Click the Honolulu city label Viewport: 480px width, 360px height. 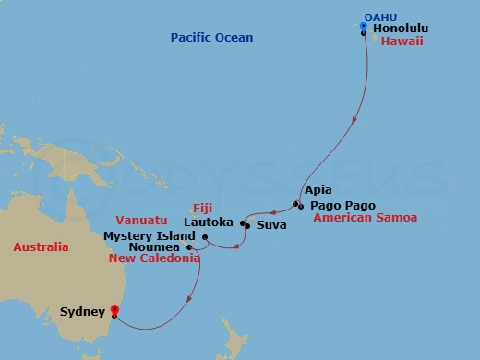coord(402,29)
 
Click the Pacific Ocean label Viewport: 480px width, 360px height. coord(211,37)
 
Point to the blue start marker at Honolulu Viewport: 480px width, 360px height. coord(364,26)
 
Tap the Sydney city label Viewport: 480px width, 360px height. coord(83,313)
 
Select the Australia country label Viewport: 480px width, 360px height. coord(41,247)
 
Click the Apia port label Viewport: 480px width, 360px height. coord(318,189)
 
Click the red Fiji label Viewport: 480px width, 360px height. coord(202,208)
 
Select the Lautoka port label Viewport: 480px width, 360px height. coord(210,222)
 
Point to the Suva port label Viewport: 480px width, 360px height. coord(271,224)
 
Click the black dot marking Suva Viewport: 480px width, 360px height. coord(246,225)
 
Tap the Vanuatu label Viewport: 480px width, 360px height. coord(141,222)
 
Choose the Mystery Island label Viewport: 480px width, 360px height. coord(145,235)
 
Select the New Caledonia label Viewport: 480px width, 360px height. coord(154,259)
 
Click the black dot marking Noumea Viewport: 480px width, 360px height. coord(189,247)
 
